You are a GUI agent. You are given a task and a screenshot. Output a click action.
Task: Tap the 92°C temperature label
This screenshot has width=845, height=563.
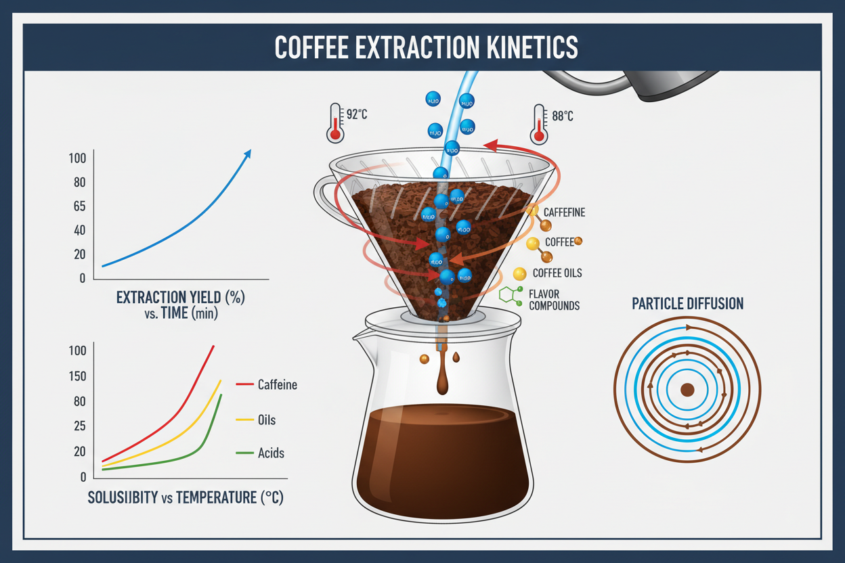click(357, 115)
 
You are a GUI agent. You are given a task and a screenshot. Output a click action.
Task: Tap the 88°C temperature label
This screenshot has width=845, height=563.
click(562, 116)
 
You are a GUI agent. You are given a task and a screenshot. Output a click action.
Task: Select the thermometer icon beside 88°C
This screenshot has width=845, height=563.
click(539, 124)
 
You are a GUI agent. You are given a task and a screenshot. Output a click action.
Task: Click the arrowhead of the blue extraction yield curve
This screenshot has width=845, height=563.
click(247, 154)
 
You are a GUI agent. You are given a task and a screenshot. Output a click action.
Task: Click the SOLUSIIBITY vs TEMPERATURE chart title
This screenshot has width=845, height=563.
click(186, 498)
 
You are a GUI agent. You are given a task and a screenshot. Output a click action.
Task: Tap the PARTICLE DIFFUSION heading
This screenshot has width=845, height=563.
click(687, 304)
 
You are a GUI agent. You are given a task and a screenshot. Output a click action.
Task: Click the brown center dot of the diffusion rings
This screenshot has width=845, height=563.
click(687, 390)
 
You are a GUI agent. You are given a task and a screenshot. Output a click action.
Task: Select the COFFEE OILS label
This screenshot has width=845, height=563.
click(557, 273)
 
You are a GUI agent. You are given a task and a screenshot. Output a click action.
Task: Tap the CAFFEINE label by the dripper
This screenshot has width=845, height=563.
click(564, 212)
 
